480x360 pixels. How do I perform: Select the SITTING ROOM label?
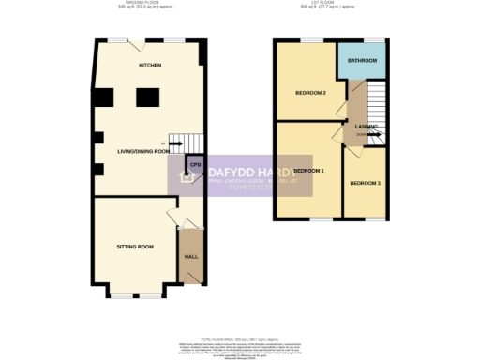(x=134, y=247)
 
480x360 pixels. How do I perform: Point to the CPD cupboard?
(x=195, y=165)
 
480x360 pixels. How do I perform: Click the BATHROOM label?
(x=362, y=61)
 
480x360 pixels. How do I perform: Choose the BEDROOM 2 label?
(x=310, y=93)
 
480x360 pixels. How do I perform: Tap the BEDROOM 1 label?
(x=308, y=171)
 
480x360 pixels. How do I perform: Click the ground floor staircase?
(x=191, y=143)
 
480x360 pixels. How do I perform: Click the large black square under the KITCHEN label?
(x=148, y=97)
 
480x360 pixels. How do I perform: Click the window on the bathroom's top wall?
(x=375, y=40)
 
